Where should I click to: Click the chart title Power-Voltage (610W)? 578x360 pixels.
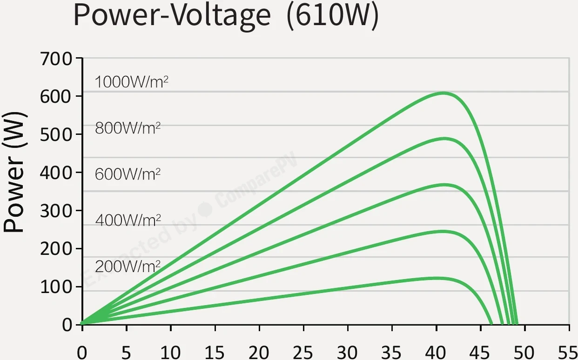coord(226,16)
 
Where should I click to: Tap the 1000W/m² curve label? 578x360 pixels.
coord(132,82)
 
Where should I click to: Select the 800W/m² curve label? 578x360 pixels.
coord(128,128)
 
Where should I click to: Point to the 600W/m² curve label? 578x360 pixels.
coord(128,174)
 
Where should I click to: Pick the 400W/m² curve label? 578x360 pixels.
coord(128,220)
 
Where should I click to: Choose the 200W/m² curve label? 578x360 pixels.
coord(128,267)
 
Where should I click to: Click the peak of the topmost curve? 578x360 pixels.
coord(444,93)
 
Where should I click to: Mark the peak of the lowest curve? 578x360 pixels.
coord(437,278)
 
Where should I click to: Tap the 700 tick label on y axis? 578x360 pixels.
coord(56,59)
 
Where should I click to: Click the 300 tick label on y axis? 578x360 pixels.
coord(56,211)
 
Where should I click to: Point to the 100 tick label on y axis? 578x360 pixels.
coord(56,287)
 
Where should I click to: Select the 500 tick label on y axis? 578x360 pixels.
coord(56,135)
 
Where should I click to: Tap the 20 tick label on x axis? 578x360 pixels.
coord(259,353)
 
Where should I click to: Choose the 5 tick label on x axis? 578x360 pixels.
coord(126,353)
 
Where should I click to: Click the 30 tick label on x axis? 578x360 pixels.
coord(347,353)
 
